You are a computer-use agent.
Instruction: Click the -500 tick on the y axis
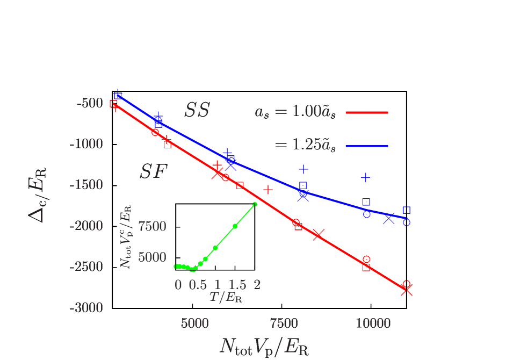click(89, 103)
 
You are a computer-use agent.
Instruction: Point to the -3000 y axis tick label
click(86, 308)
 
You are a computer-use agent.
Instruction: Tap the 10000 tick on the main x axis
click(373, 323)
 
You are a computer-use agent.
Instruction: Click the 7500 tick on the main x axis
click(284, 323)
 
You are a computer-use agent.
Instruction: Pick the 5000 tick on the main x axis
click(194, 323)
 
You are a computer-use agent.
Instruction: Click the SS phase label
click(197, 110)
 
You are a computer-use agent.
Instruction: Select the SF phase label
click(154, 172)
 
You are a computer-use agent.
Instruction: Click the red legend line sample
click(366, 113)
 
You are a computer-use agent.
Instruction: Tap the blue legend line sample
click(366, 146)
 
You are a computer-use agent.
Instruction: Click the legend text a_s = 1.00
click(295, 112)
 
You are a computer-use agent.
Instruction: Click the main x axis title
click(264, 347)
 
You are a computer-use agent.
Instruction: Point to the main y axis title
click(38, 195)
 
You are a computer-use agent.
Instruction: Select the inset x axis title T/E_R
click(226, 297)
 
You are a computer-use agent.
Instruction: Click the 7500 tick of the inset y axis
click(152, 227)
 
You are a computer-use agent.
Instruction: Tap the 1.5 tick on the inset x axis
click(237, 285)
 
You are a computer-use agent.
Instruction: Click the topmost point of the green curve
click(255, 204)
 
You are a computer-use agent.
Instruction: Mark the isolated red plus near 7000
click(268, 189)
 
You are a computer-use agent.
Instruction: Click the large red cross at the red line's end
click(406, 290)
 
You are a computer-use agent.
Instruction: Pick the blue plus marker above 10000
click(365, 177)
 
